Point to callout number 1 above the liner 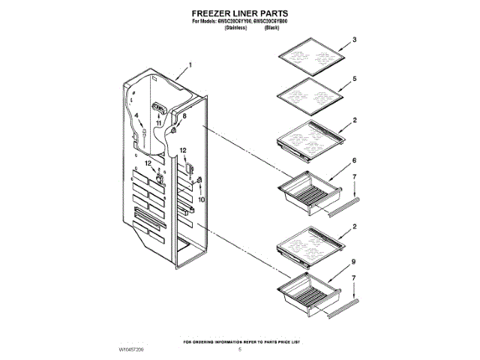pos(190,65)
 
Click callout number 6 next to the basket pos(354,161)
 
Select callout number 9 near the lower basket pos(354,262)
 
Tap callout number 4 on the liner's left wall pos(137,116)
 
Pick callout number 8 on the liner pos(184,117)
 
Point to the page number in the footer pos(238,349)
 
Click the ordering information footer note pos(240,341)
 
